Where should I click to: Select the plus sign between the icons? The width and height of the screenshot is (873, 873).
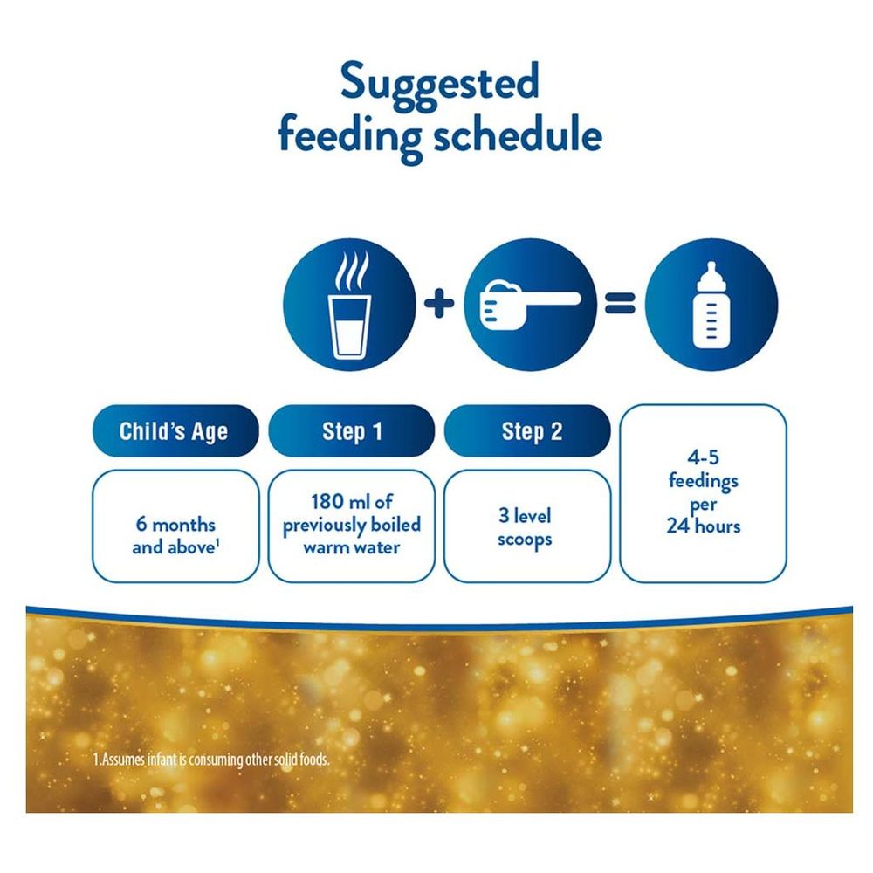(439, 304)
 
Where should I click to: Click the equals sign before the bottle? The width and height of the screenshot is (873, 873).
(620, 304)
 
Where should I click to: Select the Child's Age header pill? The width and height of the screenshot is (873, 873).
(175, 431)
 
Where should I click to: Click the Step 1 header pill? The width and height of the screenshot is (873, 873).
(351, 431)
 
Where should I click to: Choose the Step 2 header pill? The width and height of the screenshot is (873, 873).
(527, 431)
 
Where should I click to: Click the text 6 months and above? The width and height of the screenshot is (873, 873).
(175, 536)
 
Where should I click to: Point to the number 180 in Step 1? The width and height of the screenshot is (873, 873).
(327, 502)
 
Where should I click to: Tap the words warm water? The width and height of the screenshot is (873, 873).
(351, 548)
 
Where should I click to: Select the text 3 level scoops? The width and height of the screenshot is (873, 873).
(525, 527)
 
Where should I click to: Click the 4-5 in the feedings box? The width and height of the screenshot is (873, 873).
(703, 457)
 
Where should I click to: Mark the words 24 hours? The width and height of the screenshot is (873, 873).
(703, 526)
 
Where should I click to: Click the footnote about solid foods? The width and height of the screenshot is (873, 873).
(211, 760)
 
